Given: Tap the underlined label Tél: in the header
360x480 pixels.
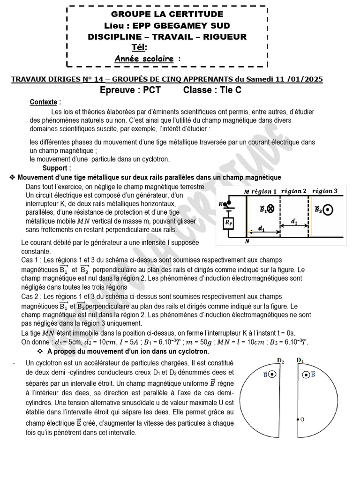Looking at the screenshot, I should pos(140,47).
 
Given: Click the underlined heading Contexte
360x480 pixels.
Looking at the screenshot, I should pos(43,102).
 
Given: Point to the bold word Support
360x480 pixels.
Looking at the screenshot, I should pos(57,168).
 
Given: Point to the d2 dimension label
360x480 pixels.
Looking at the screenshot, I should pos(294,220).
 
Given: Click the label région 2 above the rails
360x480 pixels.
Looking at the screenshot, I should pos(295,191).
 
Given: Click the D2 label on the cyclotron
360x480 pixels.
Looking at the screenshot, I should pos(281,360).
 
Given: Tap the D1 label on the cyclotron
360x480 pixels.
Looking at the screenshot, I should pos(301,360).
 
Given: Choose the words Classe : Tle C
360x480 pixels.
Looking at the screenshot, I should pos(212,90).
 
